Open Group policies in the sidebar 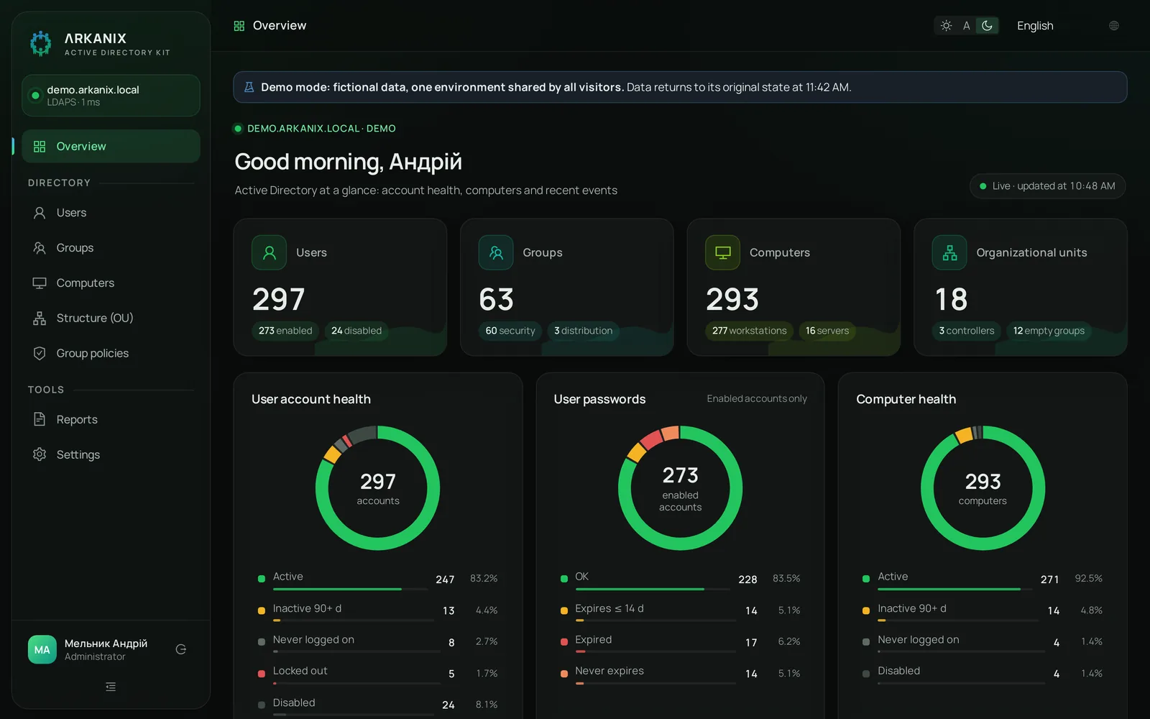[x=93, y=353]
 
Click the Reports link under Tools [x=76, y=419]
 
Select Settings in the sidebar [x=78, y=454]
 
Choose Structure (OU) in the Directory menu [x=95, y=318]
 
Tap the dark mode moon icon [x=987, y=26]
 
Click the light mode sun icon [x=946, y=26]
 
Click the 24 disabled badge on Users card [x=356, y=331]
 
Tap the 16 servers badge [x=827, y=331]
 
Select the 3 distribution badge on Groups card [x=583, y=331]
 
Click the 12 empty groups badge [x=1049, y=331]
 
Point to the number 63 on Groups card [x=496, y=299]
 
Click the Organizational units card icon [x=949, y=252]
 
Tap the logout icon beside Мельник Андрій [x=180, y=650]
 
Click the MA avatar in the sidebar [x=42, y=650]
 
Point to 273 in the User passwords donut [x=680, y=475]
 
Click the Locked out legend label [x=300, y=671]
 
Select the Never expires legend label [x=609, y=671]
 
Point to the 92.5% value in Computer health [x=1088, y=578]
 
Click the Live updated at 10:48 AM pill [x=1047, y=186]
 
